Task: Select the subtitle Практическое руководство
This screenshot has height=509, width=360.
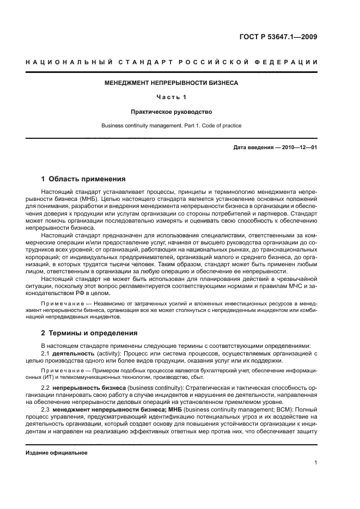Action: pyautogui.click(x=171, y=112)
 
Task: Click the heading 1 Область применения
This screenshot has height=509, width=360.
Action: pyautogui.click(x=84, y=179)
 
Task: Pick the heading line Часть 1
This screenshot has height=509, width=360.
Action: pyautogui.click(x=171, y=97)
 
